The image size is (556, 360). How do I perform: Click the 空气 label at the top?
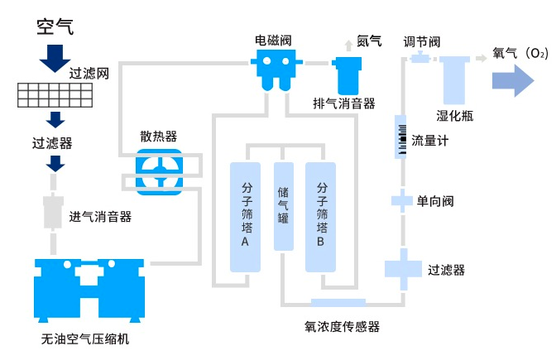coord(55,26)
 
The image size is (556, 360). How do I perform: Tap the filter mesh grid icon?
coord(55,96)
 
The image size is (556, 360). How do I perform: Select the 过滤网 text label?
coord(90,73)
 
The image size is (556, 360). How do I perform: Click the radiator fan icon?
coord(158,171)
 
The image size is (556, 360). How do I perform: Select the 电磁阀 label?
coord(274,40)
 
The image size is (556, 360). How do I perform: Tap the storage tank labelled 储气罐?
coord(284,207)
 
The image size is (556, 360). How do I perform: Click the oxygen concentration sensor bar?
coord(338,303)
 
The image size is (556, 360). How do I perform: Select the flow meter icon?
coord(400,137)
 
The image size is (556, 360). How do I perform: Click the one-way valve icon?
coord(400,200)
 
